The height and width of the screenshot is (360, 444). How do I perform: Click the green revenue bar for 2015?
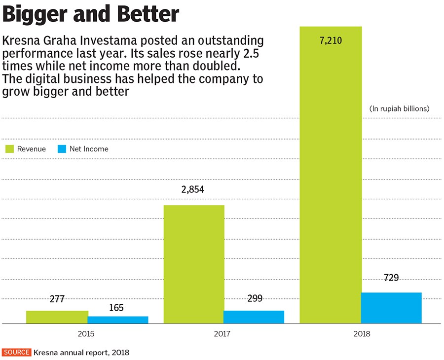pyautogui.click(x=57, y=317)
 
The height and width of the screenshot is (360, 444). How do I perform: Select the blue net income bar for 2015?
pyautogui.click(x=118, y=320)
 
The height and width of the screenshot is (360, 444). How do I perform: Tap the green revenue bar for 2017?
pyautogui.click(x=193, y=264)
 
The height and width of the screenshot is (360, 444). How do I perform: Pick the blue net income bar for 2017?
pyautogui.click(x=254, y=317)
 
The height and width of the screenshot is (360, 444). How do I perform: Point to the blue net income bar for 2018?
pyautogui.click(x=391, y=308)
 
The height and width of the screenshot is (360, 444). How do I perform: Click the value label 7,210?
pyautogui.click(x=331, y=40)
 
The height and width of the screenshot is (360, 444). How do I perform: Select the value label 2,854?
pyautogui.click(x=193, y=190)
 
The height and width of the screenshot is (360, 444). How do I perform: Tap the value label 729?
pyautogui.click(x=391, y=278)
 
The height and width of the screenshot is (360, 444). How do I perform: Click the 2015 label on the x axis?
pyautogui.click(x=87, y=334)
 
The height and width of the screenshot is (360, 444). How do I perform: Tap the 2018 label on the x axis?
pyautogui.click(x=361, y=334)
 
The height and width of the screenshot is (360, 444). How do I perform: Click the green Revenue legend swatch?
pyautogui.click(x=9, y=149)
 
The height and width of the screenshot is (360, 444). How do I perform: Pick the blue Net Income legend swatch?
pyautogui.click(x=62, y=149)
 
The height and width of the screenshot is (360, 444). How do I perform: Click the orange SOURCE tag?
pyautogui.click(x=17, y=353)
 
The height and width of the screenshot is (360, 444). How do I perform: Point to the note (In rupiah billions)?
pyautogui.click(x=399, y=108)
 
